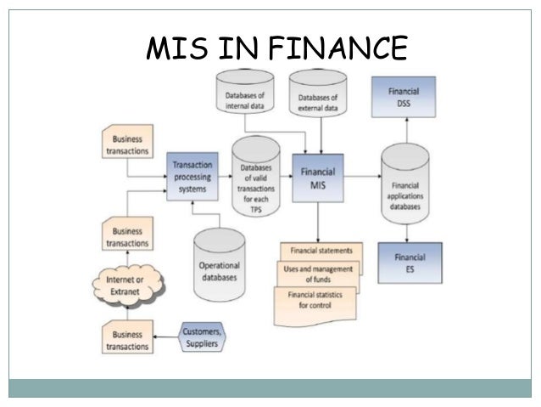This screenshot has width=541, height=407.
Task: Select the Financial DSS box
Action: click(x=404, y=96)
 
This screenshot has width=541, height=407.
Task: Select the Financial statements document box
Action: click(x=321, y=252)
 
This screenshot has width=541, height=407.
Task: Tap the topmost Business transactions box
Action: click(x=126, y=144)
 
